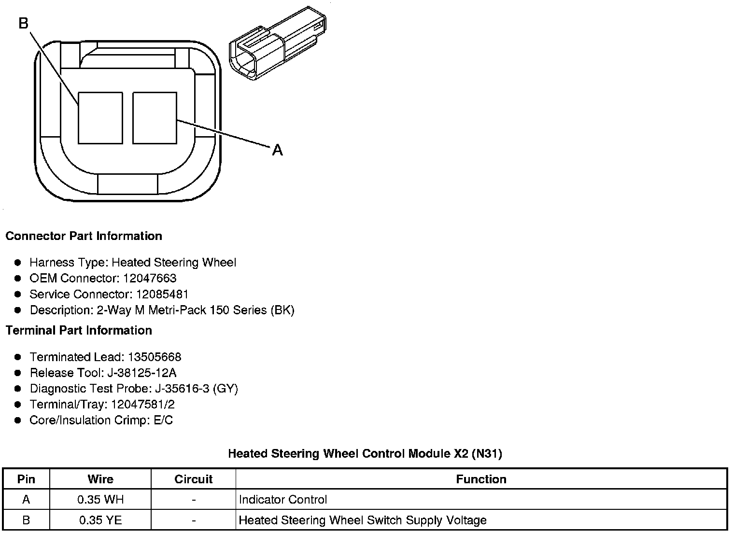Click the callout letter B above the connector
[24, 23]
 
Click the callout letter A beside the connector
[277, 150]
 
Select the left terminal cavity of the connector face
[100, 118]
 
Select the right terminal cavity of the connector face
[155, 118]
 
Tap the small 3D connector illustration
[278, 43]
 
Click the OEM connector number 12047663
[150, 278]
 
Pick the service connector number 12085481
[162, 294]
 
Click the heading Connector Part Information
[84, 236]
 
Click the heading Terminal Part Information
[79, 330]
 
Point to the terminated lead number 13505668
[155, 357]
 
